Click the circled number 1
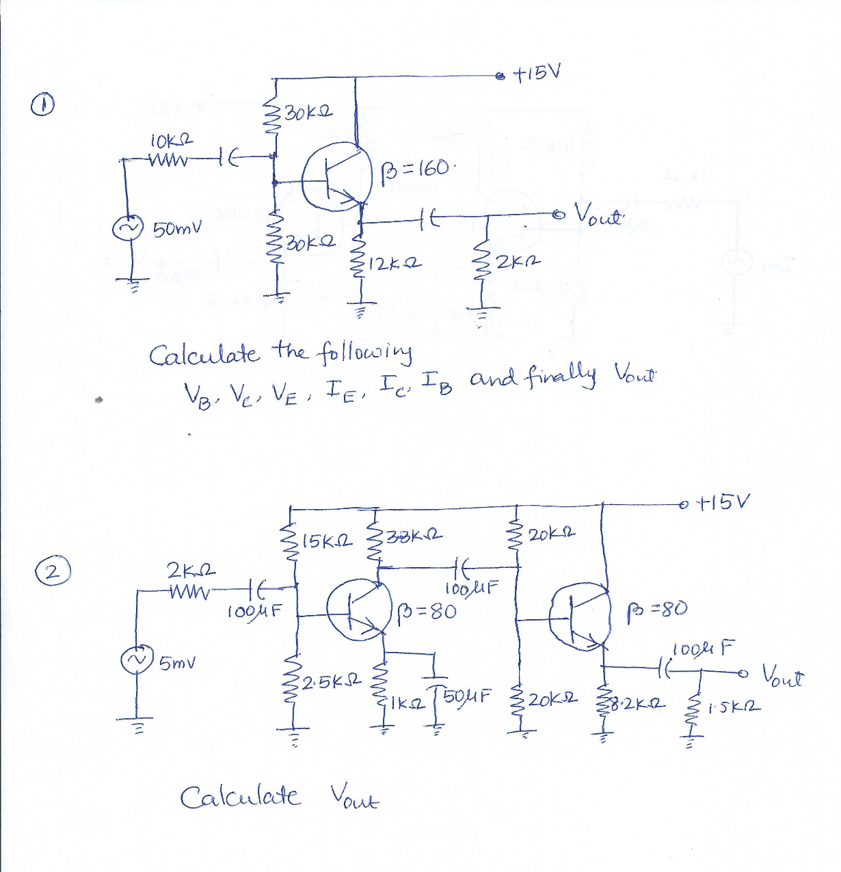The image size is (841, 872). point(42,105)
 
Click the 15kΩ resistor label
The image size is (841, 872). point(326,542)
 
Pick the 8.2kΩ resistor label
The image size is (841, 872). point(635,701)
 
